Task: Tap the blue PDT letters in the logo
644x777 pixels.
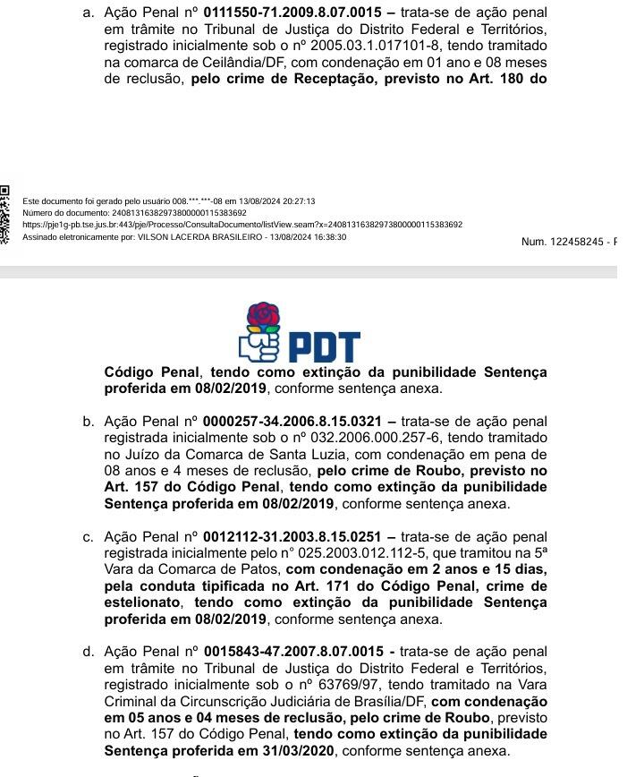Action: click(x=323, y=347)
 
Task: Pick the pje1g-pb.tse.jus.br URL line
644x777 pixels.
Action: click(x=241, y=225)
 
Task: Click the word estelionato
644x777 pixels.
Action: click(x=143, y=602)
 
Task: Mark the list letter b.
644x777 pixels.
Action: click(x=88, y=421)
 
